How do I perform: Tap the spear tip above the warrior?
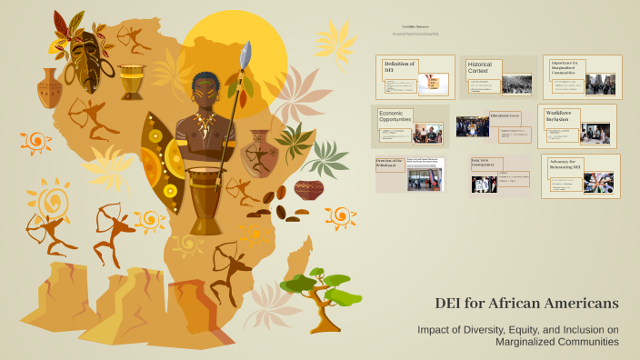point(245,56)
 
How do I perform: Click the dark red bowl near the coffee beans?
point(309,189)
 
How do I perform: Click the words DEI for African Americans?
point(526,303)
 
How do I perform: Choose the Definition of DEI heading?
point(400,66)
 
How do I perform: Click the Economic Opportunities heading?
point(395,117)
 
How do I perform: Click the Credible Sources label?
point(415,27)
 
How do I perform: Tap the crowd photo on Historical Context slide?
point(516,85)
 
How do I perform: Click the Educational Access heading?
point(505,116)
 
